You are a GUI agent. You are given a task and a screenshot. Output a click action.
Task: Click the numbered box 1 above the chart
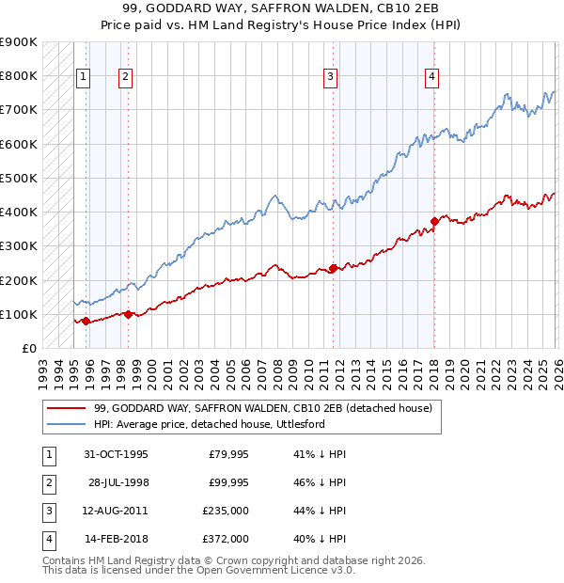pyautogui.click(x=83, y=77)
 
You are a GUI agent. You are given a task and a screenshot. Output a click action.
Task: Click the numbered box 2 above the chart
pyautogui.click(x=126, y=77)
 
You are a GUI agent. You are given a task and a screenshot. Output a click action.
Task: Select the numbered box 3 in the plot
pyautogui.click(x=331, y=77)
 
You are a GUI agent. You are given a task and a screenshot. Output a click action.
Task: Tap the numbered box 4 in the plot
pyautogui.click(x=431, y=77)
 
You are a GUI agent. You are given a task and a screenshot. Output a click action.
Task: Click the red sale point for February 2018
pyautogui.click(x=434, y=222)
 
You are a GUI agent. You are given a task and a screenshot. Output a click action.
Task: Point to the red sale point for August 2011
pyautogui.click(x=333, y=269)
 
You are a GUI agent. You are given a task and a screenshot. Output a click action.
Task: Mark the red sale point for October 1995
pyautogui.click(x=86, y=322)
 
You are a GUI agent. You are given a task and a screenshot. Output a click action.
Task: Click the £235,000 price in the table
pyautogui.click(x=227, y=511)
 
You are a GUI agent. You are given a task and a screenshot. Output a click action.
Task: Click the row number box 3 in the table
pyautogui.click(x=47, y=511)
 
